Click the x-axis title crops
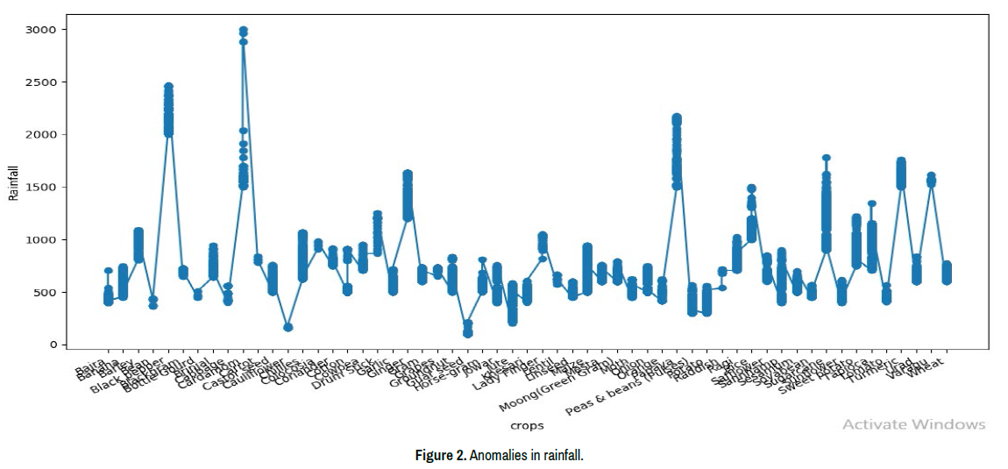tap(527, 426)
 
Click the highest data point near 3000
tap(243, 31)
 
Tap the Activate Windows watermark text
tap(913, 424)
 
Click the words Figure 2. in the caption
tap(440, 456)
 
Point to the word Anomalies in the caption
tap(497, 456)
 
